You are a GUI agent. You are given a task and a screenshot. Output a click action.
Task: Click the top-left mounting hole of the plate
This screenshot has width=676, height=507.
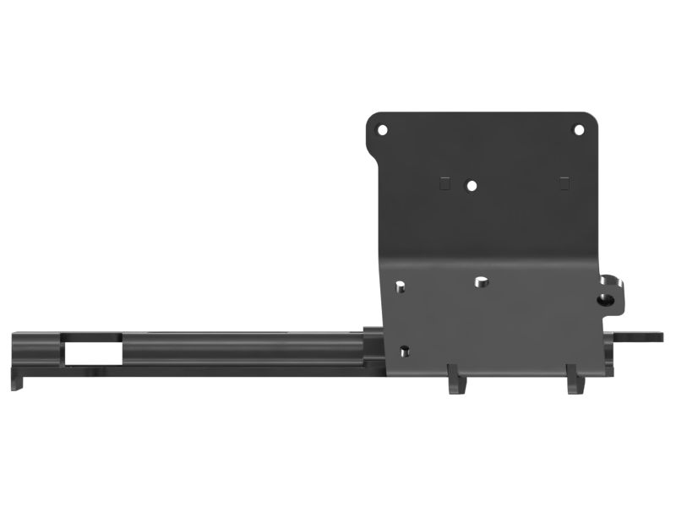click(382, 131)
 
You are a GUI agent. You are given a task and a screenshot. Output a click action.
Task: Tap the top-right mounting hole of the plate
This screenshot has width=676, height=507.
click(579, 130)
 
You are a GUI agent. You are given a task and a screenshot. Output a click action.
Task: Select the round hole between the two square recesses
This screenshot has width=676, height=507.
click(472, 184)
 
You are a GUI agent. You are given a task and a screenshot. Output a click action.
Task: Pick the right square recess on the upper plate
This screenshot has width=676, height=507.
click(564, 182)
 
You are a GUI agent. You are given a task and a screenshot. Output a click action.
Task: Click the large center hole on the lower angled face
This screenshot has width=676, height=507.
click(480, 281)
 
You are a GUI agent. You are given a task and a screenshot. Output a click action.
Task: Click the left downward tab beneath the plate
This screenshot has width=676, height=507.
click(456, 381)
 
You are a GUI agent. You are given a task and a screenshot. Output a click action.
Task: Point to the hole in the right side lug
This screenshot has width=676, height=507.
click(605, 299)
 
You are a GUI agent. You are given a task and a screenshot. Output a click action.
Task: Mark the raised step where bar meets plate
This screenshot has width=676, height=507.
click(373, 330)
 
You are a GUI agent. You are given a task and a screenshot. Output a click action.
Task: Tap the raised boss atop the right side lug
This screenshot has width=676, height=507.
click(609, 280)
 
